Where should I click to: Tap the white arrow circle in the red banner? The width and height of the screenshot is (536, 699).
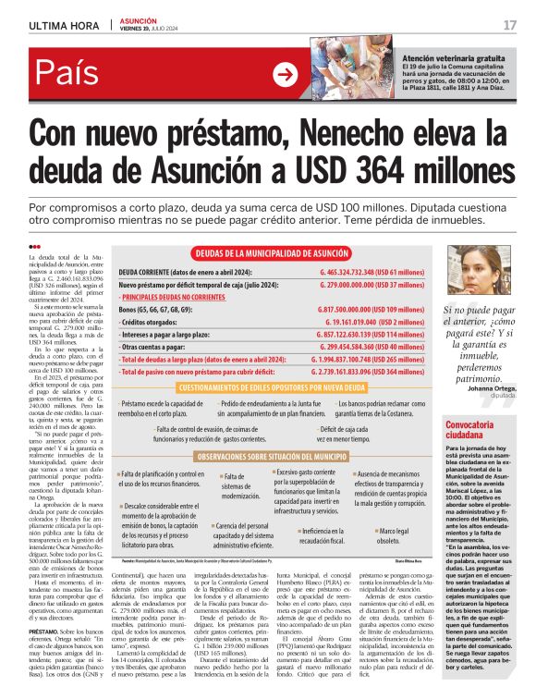[x=286, y=76]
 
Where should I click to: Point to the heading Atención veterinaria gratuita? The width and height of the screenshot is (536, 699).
[x=454, y=55]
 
